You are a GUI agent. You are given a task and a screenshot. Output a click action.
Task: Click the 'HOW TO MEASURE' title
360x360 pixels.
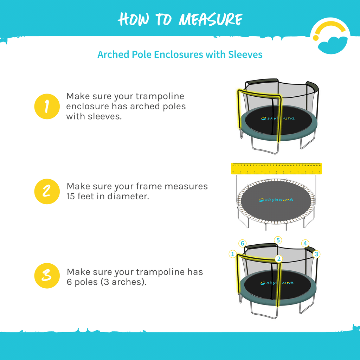click(180, 19)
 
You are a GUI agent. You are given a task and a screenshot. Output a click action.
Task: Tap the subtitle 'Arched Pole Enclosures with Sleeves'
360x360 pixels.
click(180, 54)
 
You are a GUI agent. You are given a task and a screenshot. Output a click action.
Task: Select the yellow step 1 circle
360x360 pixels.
click(47, 106)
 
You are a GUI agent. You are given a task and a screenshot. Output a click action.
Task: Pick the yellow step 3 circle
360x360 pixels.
click(47, 276)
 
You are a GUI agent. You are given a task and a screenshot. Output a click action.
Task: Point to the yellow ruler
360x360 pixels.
click(276, 168)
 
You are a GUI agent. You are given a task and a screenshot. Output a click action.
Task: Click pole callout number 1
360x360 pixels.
click(232, 253)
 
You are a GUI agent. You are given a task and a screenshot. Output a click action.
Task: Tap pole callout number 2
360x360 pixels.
click(278, 259)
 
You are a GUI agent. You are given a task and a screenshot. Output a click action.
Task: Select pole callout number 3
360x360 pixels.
click(316, 253)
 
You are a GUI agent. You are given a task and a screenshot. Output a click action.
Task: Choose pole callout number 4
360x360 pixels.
click(305, 243)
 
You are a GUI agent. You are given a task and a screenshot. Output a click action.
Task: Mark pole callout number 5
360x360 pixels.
click(278, 240)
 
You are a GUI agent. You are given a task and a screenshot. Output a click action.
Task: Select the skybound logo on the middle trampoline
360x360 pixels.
click(276, 200)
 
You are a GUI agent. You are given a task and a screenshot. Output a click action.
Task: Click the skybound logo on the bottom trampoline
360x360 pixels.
click(277, 283)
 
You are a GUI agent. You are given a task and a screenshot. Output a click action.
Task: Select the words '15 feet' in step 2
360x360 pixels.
click(81, 196)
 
